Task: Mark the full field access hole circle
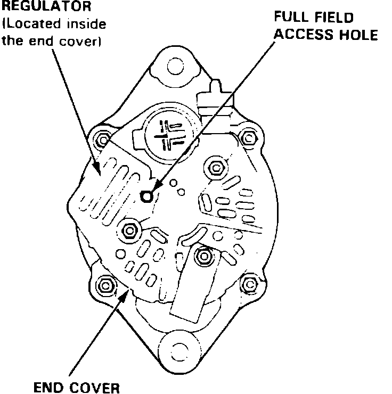146,197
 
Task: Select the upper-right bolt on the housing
247,138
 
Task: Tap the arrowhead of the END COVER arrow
128,290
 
